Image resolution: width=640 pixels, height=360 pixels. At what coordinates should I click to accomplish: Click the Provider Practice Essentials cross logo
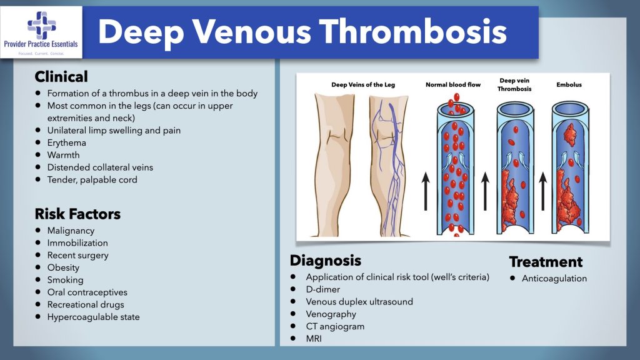pyautogui.click(x=41, y=25)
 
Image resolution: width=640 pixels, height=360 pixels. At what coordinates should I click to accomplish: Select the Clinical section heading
pyautogui.click(x=61, y=77)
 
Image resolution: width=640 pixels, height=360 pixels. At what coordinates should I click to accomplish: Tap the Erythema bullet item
pyautogui.click(x=67, y=142)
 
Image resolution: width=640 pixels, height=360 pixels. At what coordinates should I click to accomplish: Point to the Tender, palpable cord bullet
pyautogui.click(x=92, y=179)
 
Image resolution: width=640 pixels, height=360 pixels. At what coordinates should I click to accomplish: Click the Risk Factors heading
pyautogui.click(x=77, y=214)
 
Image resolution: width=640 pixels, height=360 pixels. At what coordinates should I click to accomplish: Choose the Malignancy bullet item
pyautogui.click(x=71, y=231)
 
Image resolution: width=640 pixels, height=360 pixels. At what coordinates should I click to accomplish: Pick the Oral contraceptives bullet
pyautogui.click(x=87, y=292)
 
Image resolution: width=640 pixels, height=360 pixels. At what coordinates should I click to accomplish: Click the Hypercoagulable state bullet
pyautogui.click(x=93, y=317)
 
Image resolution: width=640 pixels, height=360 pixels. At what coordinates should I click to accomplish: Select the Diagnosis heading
pyautogui.click(x=325, y=260)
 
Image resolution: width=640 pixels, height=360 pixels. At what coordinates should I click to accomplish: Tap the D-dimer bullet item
pyautogui.click(x=323, y=289)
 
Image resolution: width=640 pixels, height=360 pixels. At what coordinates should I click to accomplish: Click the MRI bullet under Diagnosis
pyautogui.click(x=315, y=339)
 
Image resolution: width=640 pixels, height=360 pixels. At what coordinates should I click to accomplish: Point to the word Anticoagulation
pyautogui.click(x=554, y=278)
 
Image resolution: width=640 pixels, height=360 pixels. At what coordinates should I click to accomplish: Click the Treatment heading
pyautogui.click(x=546, y=262)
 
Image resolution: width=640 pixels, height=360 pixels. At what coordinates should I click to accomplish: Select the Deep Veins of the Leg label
pyautogui.click(x=363, y=84)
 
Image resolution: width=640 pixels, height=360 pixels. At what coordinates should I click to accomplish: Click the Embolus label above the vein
pyautogui.click(x=569, y=84)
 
